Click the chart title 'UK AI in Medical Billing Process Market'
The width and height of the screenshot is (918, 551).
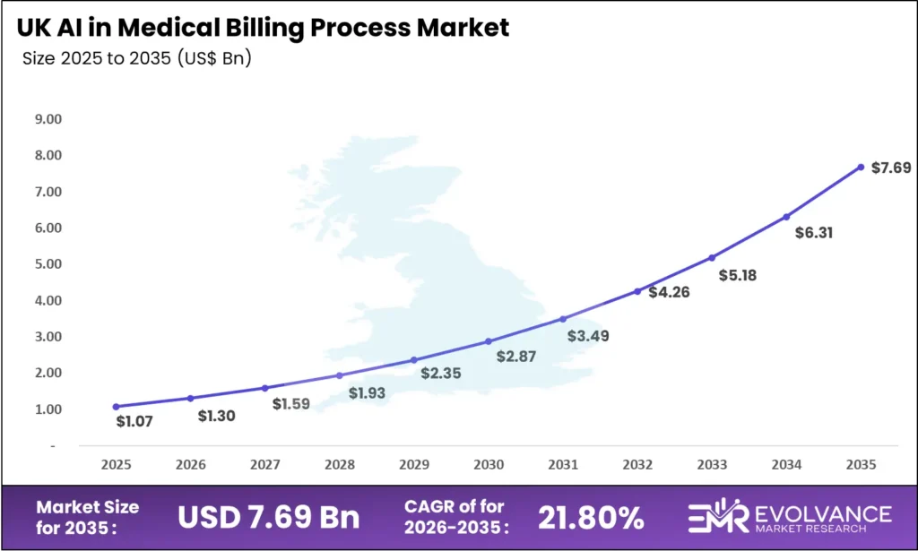coord(263,27)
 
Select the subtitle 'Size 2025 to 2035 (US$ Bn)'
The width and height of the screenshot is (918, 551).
coord(136,60)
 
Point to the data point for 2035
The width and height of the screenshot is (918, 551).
coord(861,167)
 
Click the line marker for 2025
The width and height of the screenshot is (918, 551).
coord(116,407)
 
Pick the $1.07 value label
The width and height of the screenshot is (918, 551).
coord(134,421)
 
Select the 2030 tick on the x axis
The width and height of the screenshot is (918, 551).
coord(489,466)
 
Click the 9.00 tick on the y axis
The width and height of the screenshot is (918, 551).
coord(49,119)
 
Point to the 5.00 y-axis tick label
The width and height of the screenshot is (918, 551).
coord(49,264)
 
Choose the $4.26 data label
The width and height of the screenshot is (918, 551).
coord(669,292)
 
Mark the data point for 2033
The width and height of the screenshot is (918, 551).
coord(712,258)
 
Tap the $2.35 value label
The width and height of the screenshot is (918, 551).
coord(441,373)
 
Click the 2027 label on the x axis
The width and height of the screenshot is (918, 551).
coord(264,466)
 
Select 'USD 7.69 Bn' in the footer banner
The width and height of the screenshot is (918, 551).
coord(269,517)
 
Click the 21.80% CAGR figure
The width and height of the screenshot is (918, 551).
coord(591,517)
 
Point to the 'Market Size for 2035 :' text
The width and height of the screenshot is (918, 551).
coord(88,517)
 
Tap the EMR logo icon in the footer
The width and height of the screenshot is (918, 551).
coord(717,518)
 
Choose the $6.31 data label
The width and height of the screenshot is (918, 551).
coord(815,232)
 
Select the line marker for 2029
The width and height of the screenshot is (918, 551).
coord(414,360)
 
